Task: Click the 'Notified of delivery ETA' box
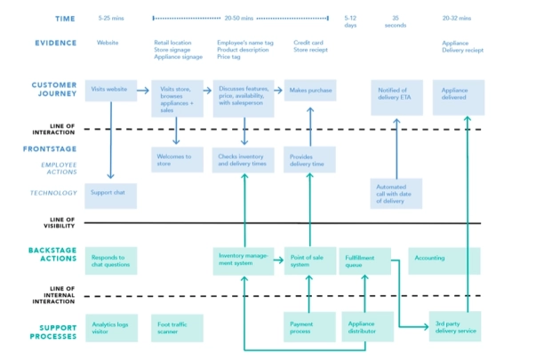click(x=396, y=97)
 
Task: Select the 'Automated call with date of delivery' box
click(x=396, y=194)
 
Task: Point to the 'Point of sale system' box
click(x=310, y=260)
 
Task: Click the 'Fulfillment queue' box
click(x=364, y=260)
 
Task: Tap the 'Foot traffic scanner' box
click(x=176, y=326)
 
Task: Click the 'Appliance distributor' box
click(x=364, y=326)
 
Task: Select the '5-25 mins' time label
click(x=111, y=18)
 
